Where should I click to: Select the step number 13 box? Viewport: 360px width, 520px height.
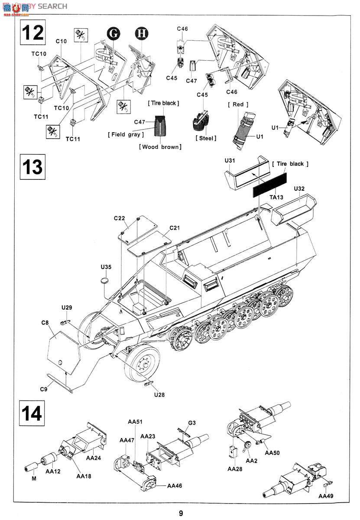32,167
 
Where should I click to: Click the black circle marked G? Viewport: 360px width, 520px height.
113,33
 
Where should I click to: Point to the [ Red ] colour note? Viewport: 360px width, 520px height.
238,104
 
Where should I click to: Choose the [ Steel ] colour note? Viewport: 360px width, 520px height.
206,138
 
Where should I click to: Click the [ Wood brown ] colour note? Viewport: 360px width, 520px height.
160,147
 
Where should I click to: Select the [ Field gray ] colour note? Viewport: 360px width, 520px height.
126,135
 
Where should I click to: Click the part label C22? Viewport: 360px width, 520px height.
120,218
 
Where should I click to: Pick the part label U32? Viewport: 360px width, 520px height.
299,189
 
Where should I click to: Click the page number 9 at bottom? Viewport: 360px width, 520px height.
181,513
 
